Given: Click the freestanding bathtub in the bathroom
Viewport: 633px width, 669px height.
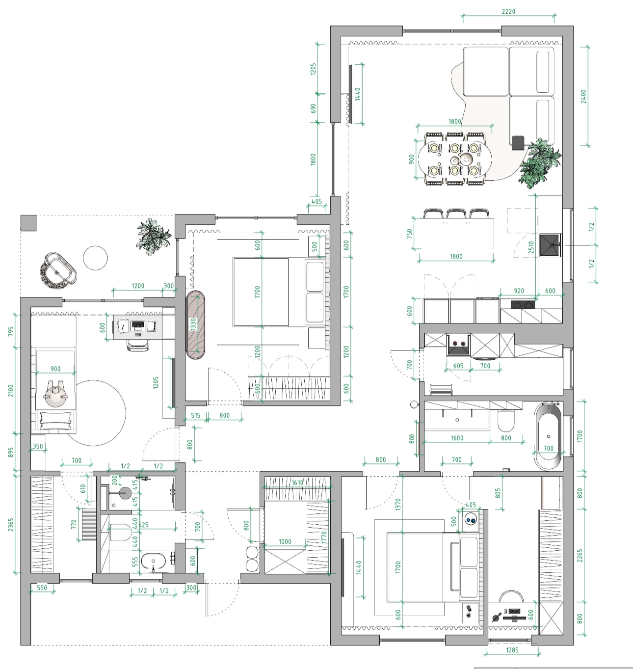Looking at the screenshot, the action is pos(548,437).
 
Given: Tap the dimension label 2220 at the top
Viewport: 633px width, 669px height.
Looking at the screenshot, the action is pos(508,11).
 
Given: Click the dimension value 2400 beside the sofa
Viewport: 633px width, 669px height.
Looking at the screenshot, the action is pos(583,96).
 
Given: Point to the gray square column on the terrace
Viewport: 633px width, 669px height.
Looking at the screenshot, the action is pos(28,223).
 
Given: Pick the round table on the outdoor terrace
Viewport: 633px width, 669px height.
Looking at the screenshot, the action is pos(95,258).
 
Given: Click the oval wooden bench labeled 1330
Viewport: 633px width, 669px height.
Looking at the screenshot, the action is pos(195,324).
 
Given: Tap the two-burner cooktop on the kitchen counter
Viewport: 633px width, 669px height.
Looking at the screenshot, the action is pos(523,304).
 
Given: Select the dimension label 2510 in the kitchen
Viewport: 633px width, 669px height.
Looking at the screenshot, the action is pos(531,247).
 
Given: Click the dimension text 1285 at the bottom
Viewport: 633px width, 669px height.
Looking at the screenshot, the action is pos(512,650).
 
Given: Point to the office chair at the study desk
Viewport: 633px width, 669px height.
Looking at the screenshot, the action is pos(138,345).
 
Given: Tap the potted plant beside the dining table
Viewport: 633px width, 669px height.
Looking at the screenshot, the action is pos(539,162).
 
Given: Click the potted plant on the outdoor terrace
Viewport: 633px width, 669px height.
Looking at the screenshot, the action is pos(154,236).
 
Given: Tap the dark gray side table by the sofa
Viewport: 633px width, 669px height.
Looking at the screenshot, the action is pos(518,142).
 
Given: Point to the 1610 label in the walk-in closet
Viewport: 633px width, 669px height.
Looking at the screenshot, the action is pos(297,482).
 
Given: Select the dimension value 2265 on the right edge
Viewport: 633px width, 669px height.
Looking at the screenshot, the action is pos(580,556).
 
